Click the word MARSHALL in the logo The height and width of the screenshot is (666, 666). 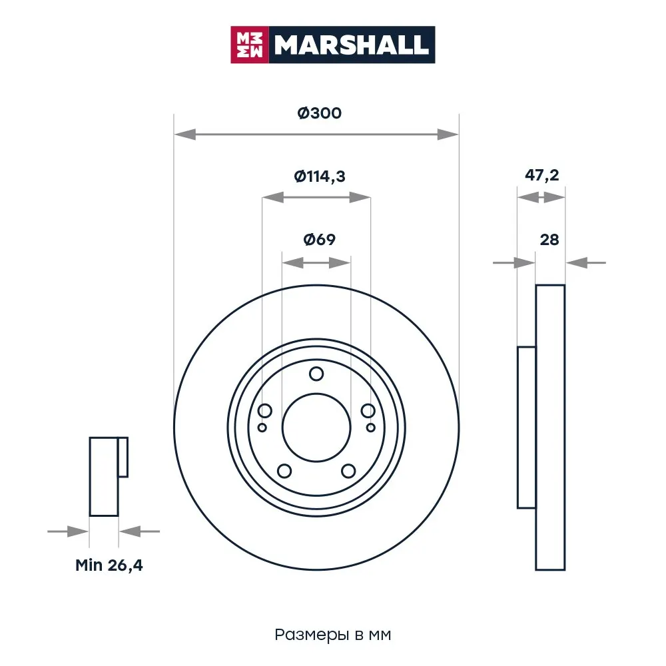(351, 45)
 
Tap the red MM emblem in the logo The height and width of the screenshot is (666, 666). (249, 45)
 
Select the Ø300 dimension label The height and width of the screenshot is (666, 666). (320, 113)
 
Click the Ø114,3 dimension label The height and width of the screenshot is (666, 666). (320, 176)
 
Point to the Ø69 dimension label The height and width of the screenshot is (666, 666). (320, 240)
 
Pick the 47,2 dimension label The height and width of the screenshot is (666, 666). (541, 175)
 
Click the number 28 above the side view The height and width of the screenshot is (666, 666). (549, 240)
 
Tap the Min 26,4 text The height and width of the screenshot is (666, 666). (109, 565)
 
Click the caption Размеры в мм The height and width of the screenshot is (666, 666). (332, 635)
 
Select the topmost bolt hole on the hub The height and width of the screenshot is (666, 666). (316, 374)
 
